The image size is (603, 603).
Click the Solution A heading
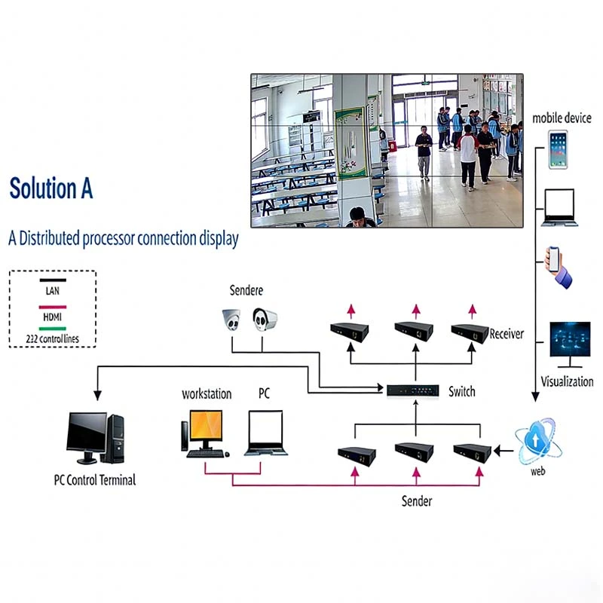[x=51, y=188]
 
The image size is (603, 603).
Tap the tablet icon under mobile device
[x=558, y=149]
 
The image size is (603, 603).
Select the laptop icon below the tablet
[x=559, y=208]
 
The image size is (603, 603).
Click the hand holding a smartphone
[x=559, y=266]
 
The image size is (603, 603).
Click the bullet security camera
[x=265, y=320]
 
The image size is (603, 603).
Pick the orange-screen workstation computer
[x=203, y=433]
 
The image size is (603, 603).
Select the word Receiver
[x=507, y=334]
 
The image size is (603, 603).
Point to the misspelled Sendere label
[x=246, y=290]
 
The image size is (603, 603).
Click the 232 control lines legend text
[x=52, y=338]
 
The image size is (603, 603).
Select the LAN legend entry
[x=52, y=291]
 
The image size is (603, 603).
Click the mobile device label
[x=562, y=118]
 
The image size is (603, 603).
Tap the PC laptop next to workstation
[x=263, y=433]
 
